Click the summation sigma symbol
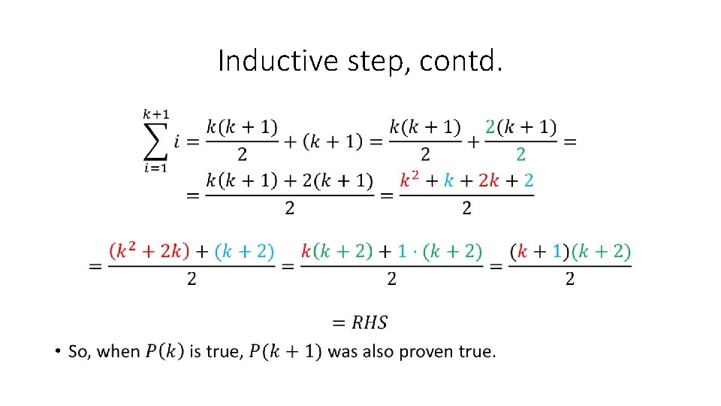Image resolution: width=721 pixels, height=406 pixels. [x=156, y=141]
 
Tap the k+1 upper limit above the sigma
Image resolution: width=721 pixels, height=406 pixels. [x=156, y=114]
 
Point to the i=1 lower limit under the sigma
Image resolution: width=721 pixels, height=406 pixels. [x=156, y=168]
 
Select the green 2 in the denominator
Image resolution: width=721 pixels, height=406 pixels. [x=520, y=154]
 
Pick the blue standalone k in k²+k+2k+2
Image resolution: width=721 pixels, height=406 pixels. [x=448, y=180]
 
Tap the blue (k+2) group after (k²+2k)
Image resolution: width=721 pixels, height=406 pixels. [x=245, y=251]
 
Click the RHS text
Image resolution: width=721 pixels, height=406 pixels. [x=370, y=323]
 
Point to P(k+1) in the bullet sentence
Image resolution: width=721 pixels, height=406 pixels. [x=285, y=351]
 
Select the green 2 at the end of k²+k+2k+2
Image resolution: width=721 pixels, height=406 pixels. [x=529, y=180]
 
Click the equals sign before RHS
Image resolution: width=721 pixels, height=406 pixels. [x=339, y=323]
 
